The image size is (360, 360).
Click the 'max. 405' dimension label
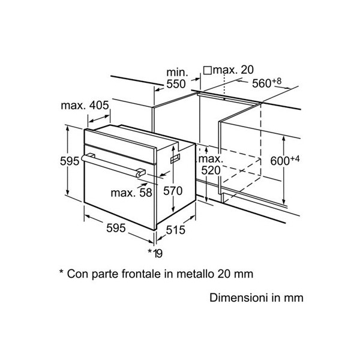tap(85, 106)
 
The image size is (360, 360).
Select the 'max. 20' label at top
tap(235, 71)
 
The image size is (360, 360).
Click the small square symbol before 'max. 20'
tap(208, 71)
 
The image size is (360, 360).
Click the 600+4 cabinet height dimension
tap(284, 161)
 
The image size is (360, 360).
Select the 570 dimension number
tap(173, 191)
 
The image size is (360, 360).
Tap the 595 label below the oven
tap(115, 228)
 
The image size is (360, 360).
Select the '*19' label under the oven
tap(155, 253)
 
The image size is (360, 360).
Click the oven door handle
tap(114, 165)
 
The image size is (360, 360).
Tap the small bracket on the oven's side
tap(175, 157)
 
